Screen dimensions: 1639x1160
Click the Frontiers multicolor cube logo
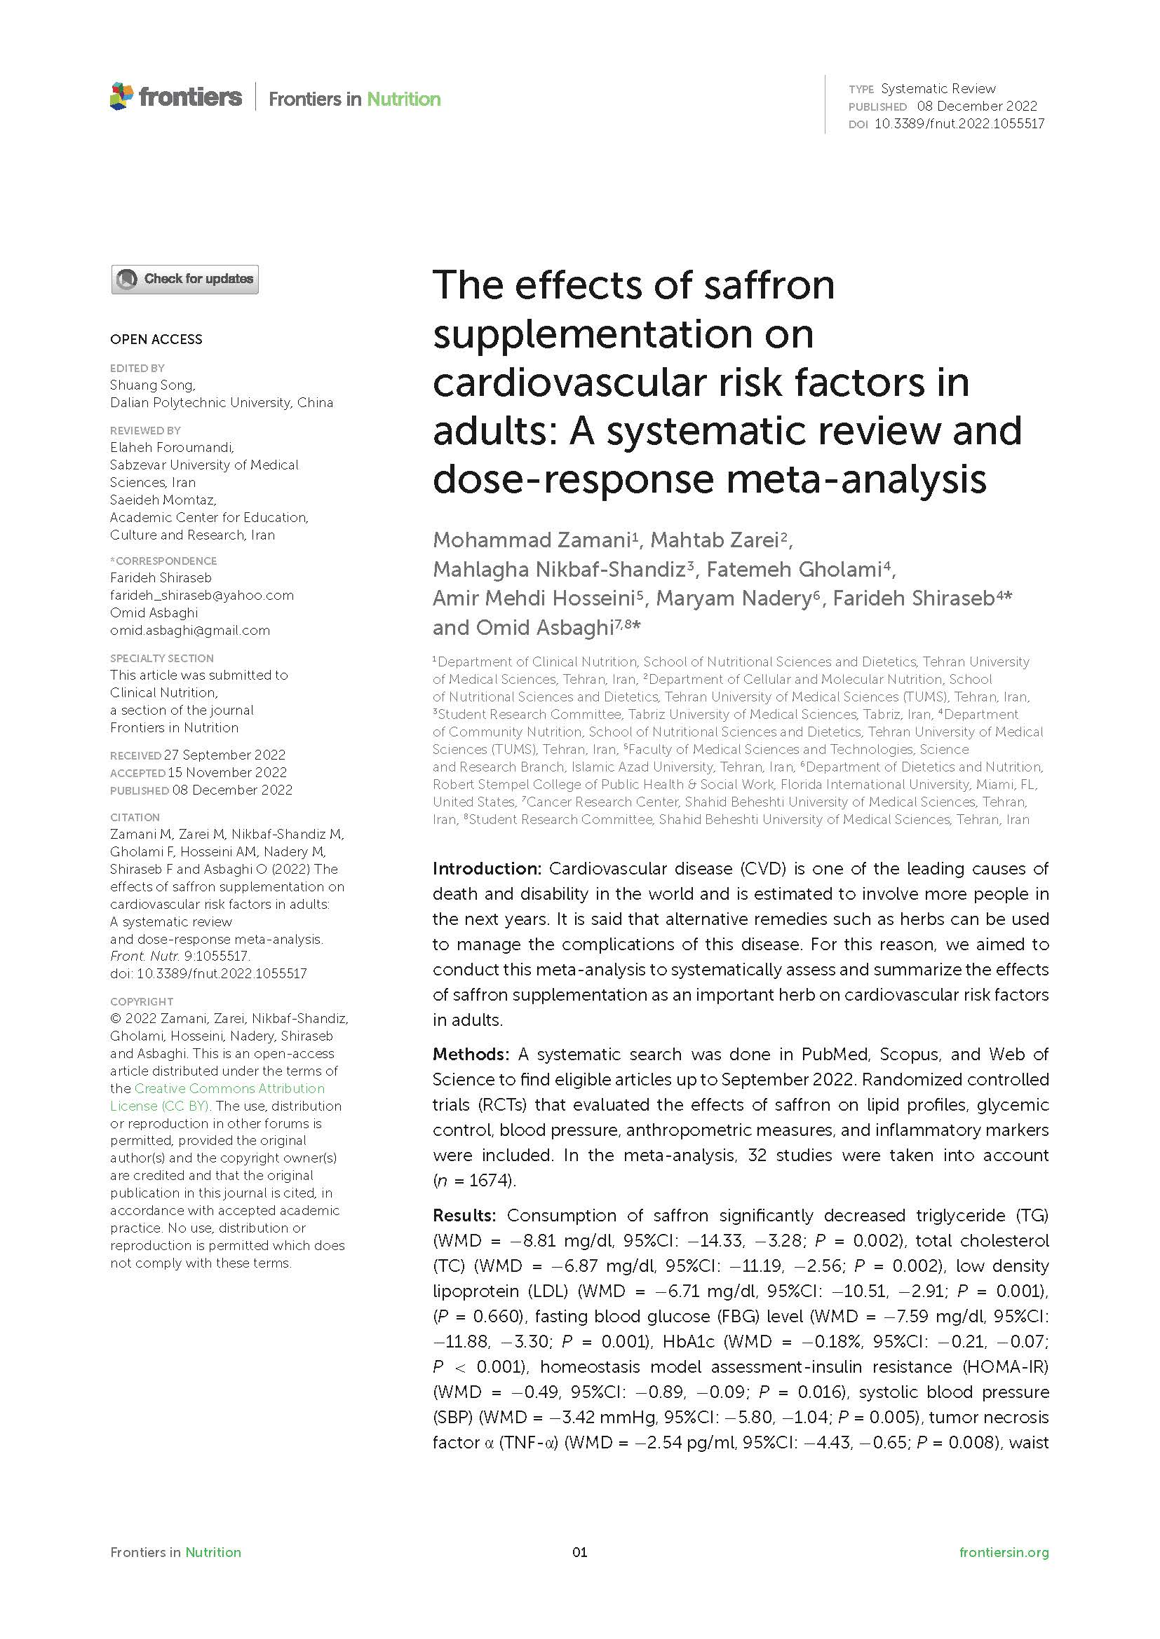(121, 97)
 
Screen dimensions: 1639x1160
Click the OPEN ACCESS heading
(156, 339)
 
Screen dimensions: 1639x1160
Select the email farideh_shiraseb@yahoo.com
(201, 596)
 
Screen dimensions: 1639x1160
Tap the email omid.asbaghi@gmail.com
(189, 631)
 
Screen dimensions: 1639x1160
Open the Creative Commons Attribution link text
(229, 1089)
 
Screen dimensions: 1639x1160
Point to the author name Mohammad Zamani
(532, 540)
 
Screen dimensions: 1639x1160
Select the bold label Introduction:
(487, 869)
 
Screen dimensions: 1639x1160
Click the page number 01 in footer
(579, 1552)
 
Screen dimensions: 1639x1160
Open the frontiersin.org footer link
(1004, 1552)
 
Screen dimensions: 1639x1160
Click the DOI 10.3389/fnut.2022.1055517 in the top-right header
(959, 123)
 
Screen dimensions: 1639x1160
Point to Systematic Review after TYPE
(938, 88)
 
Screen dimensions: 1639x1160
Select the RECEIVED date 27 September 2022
(224, 755)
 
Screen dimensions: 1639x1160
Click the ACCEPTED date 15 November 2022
(227, 772)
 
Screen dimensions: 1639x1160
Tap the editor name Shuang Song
(151, 385)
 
